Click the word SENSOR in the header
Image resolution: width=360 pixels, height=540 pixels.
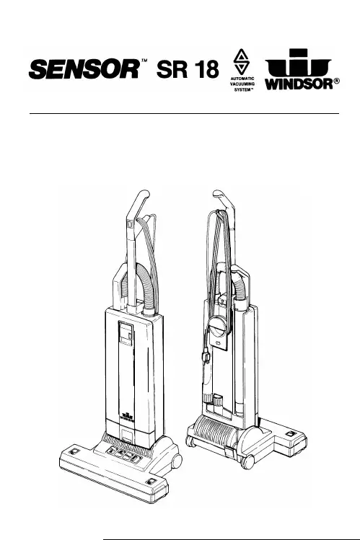84,69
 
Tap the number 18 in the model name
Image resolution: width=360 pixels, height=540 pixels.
206,69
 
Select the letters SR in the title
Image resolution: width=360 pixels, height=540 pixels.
172,69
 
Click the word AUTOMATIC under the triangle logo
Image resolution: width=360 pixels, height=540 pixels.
242,79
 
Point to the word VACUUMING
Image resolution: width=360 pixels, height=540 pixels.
242,84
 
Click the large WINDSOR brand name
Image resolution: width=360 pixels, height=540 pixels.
299,84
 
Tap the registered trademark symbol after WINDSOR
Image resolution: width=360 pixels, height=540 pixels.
337,81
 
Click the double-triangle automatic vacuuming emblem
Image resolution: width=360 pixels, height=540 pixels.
241,61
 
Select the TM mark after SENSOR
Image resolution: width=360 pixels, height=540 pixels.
145,61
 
